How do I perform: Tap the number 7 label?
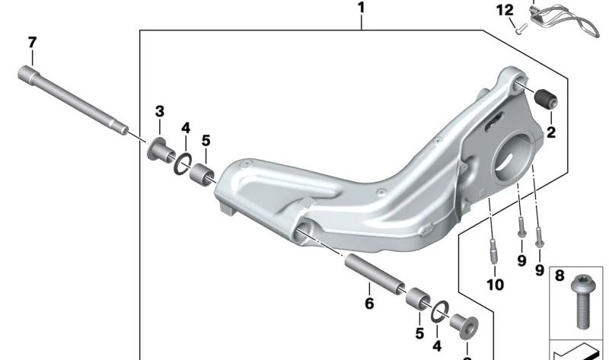[x=31, y=42]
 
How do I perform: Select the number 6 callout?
[x=369, y=304]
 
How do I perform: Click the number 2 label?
[x=551, y=132]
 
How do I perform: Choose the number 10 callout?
[x=495, y=285]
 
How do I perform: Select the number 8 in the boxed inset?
[x=560, y=276]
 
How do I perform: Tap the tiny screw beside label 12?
[x=519, y=30]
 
